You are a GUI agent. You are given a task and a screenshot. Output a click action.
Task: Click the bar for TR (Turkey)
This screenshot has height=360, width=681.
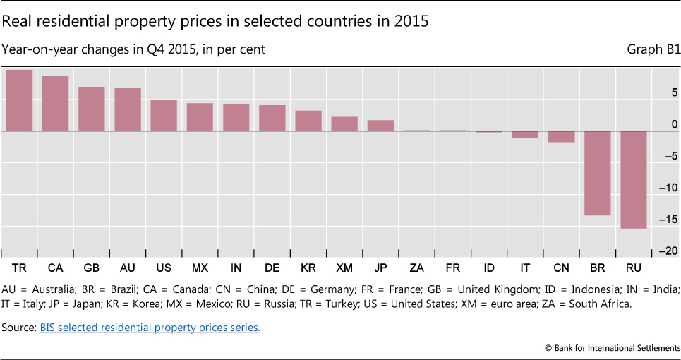pos(19,100)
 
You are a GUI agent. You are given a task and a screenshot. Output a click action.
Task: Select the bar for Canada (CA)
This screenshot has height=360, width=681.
pos(55,103)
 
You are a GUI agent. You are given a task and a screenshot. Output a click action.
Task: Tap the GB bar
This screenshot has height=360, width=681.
pos(91,109)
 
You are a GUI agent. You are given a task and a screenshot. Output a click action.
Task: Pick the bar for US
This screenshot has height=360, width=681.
pos(164,115)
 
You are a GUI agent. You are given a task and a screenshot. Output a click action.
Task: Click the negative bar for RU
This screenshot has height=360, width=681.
pos(634,179)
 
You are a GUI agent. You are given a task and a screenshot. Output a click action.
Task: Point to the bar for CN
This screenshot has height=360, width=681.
pos(561,136)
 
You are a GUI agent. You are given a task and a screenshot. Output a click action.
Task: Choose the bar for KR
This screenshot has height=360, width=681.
pos(308,121)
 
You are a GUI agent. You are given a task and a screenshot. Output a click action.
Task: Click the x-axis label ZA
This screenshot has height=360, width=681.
pos(417,269)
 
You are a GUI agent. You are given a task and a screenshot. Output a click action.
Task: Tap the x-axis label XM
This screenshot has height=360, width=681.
pos(344,269)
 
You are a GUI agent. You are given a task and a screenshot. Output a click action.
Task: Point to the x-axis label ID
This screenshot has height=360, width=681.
pos(489,269)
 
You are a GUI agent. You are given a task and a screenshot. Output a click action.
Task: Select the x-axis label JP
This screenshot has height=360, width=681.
pos(380,269)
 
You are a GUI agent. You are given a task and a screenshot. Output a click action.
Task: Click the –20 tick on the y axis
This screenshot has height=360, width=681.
pos(669,251)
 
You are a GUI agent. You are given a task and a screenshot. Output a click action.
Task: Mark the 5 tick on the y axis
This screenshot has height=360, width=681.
pos(675,92)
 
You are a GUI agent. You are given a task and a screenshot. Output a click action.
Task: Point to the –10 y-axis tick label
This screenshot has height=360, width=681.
pos(669,188)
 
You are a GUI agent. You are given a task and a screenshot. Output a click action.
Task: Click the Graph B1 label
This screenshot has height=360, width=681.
pos(653,50)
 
